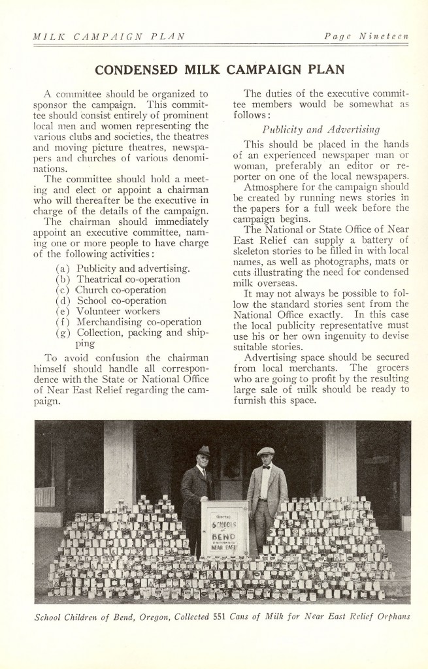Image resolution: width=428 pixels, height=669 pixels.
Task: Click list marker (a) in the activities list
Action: click(64, 268)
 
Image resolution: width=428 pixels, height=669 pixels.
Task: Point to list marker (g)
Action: click(64, 332)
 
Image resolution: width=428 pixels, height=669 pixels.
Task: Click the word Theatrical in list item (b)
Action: click(105, 279)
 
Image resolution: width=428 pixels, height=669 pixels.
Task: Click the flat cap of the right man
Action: click(265, 451)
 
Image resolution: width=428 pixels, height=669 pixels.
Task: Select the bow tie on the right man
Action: click(266, 468)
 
